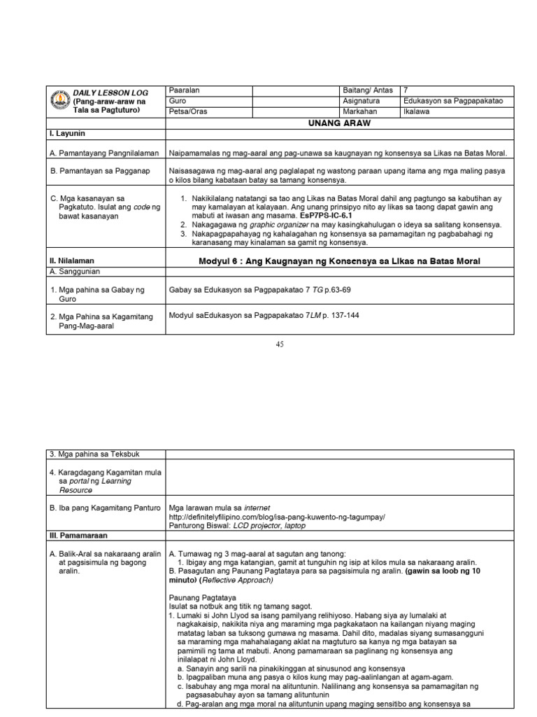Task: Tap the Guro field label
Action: pos(178,101)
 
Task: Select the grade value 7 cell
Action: pos(406,90)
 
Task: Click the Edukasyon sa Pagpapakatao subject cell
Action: pos(453,101)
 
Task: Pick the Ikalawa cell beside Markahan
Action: pos(417,111)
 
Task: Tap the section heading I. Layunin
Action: pos(67,132)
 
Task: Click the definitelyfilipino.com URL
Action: pos(277,516)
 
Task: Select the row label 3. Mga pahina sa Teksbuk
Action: pos(94,454)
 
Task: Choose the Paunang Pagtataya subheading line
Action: pos(199,597)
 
